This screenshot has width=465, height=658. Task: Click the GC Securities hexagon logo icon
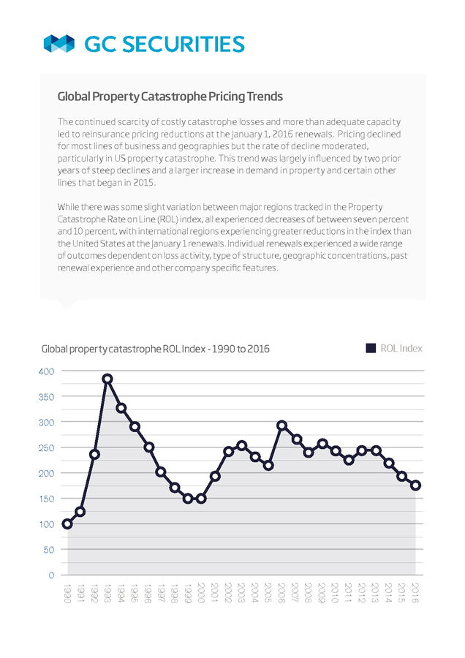tap(58, 44)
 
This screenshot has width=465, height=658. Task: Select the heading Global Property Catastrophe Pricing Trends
tap(170, 97)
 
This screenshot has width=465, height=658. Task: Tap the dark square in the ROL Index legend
tap(371, 348)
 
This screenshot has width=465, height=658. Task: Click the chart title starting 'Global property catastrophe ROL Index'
tap(155, 349)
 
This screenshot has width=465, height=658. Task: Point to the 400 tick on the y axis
tap(47, 371)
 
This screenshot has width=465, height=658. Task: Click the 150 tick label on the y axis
tap(47, 499)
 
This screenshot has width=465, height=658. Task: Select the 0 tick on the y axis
tap(51, 575)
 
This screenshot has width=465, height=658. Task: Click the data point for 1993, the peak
tap(107, 379)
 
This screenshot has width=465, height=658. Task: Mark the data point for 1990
tap(67, 523)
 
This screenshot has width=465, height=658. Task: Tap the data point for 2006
tap(282, 426)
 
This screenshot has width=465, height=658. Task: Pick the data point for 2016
tap(416, 485)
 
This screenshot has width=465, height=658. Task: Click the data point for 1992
tap(94, 455)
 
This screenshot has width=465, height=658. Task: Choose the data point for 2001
tap(215, 476)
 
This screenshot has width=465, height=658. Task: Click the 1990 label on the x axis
tap(67, 593)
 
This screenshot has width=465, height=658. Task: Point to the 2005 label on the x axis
tap(268, 593)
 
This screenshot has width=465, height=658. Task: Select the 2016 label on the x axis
tap(415, 593)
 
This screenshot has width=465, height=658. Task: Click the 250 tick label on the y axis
tap(47, 447)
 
